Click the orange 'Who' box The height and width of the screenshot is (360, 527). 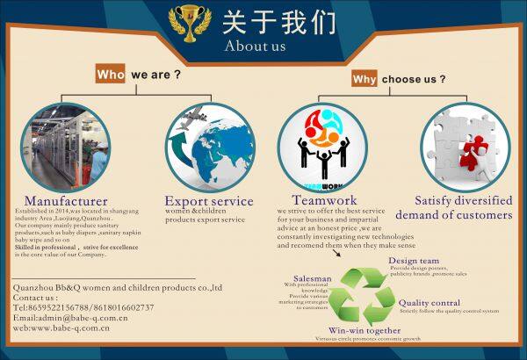[111, 76]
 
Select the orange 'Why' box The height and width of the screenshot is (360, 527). [364, 80]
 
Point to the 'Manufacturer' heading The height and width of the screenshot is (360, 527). [66, 201]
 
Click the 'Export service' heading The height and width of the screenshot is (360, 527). [210, 201]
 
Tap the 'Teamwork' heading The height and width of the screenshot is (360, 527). [324, 201]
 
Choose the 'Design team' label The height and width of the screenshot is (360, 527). [414, 260]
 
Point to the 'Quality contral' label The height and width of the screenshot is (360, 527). [429, 302]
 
